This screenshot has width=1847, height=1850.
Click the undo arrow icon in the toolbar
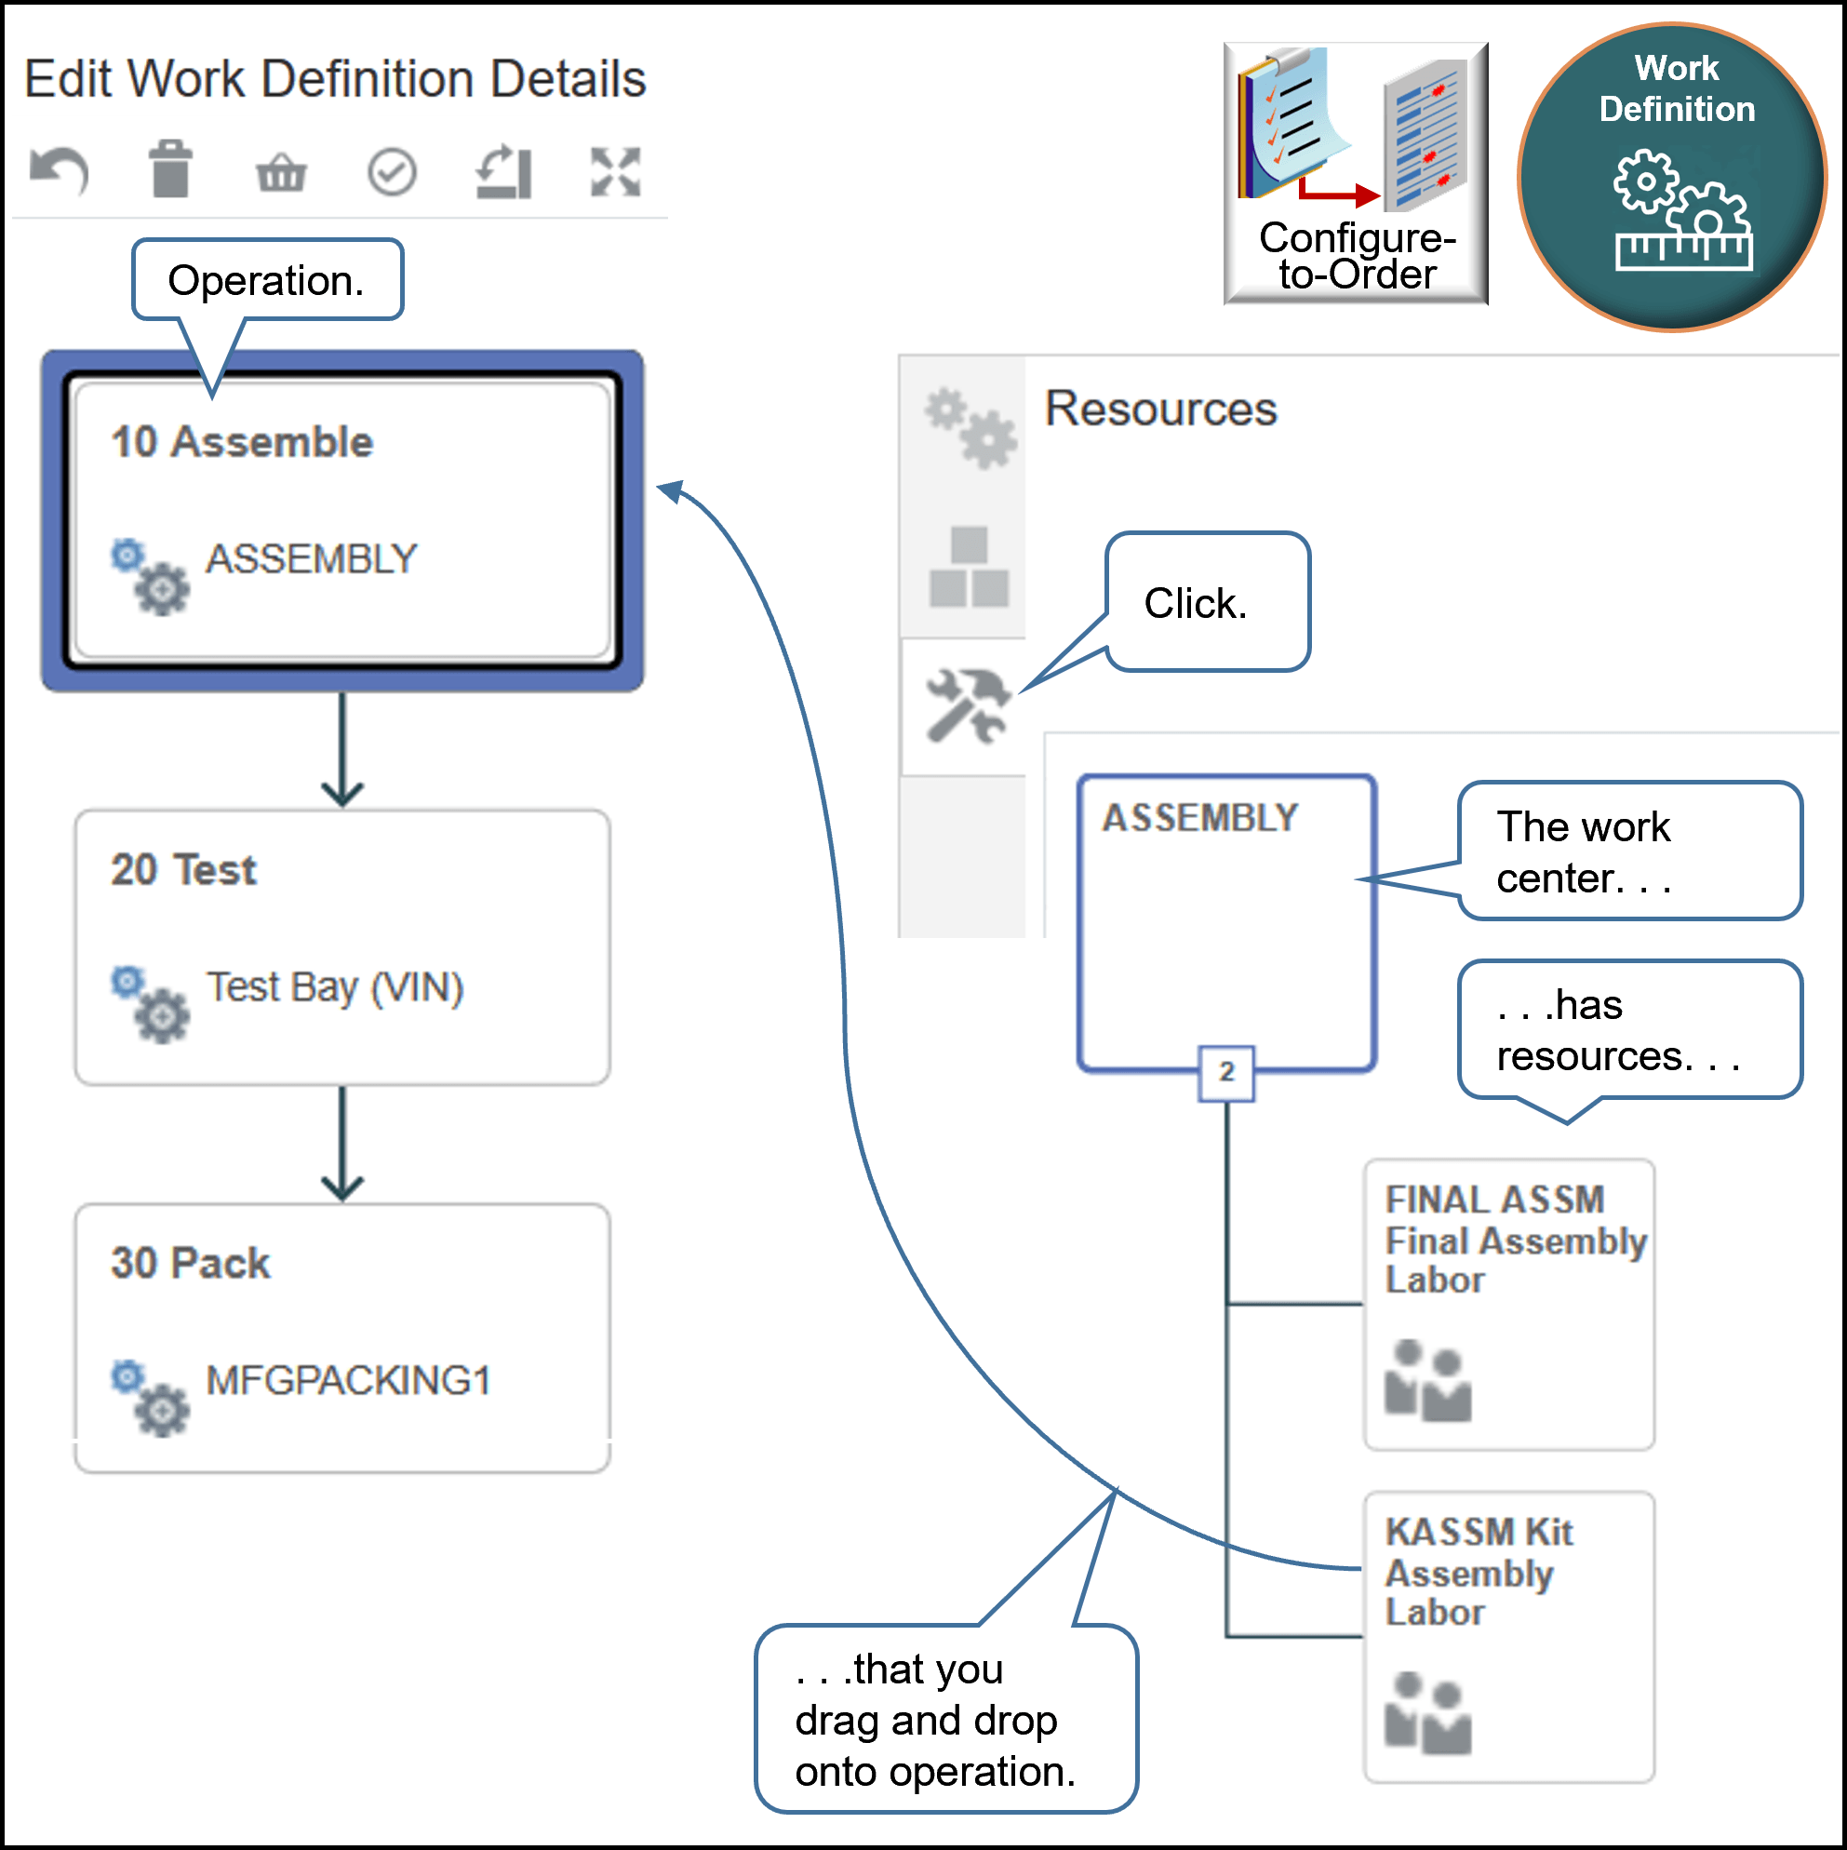(x=60, y=172)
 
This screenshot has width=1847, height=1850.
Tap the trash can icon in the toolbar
(x=170, y=169)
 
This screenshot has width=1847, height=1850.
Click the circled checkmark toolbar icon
(x=392, y=173)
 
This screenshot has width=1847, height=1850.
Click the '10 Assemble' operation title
(x=242, y=442)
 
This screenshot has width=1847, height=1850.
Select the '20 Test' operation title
(x=184, y=870)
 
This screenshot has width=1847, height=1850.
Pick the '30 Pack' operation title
(x=191, y=1263)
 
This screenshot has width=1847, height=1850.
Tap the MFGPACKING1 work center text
(x=349, y=1381)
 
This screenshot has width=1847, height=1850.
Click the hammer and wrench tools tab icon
(x=967, y=706)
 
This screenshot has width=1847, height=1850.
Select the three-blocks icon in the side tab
(x=969, y=567)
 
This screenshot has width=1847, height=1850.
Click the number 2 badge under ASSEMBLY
(x=1226, y=1072)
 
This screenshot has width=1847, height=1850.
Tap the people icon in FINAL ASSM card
(x=1427, y=1381)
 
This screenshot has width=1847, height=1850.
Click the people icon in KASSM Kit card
(x=1427, y=1713)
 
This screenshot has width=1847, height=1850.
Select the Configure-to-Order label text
(x=1357, y=256)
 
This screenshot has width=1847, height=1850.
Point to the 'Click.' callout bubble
(x=1207, y=603)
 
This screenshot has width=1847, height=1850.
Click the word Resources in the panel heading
(x=1160, y=409)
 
